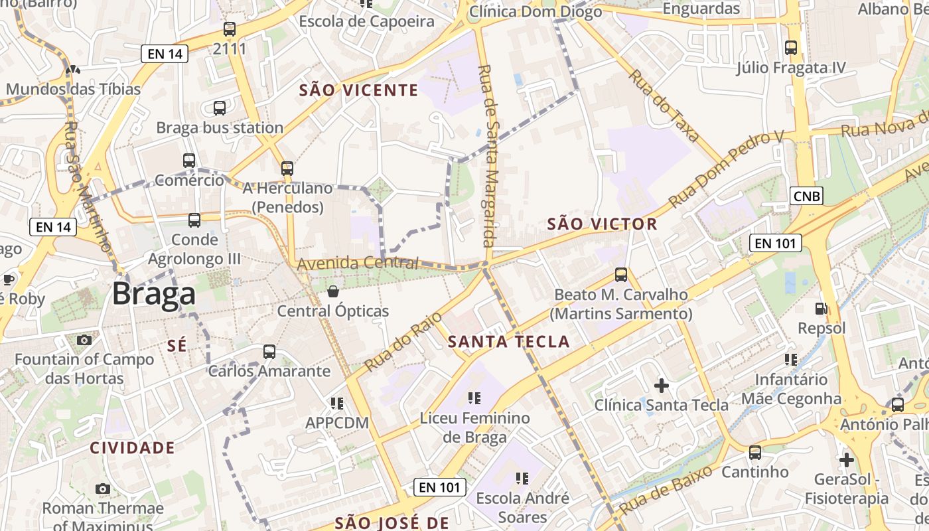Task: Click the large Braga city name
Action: [x=153, y=294]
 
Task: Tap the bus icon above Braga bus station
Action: [x=220, y=108]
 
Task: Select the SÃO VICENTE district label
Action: [x=358, y=90]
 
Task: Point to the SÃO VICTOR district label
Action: [x=602, y=224]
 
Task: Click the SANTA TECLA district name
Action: [x=509, y=342]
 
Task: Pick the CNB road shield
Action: [x=806, y=196]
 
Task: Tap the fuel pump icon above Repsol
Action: [x=822, y=309]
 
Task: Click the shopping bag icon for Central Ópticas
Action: [x=333, y=291]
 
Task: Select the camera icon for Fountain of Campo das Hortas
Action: [x=84, y=341]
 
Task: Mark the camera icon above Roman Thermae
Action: [x=102, y=489]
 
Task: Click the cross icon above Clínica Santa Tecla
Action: [x=661, y=385]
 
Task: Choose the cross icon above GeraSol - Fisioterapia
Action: [x=846, y=459]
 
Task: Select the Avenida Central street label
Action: [x=358, y=263]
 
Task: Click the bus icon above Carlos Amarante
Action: [x=269, y=352]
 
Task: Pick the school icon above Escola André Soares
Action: [x=522, y=478]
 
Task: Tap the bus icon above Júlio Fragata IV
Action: [x=790, y=48]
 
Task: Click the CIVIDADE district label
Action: [x=132, y=448]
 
